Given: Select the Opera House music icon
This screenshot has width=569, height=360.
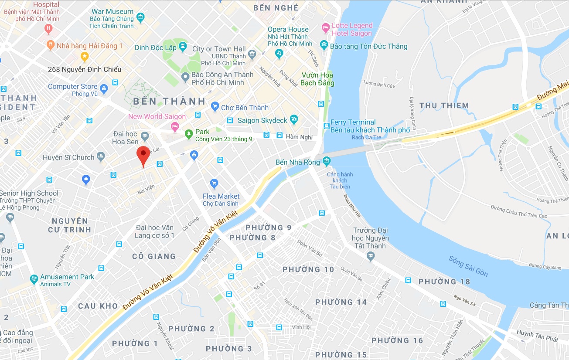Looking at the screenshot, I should tap(279, 53).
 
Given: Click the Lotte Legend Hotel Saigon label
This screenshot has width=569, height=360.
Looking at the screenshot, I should tap(352, 29).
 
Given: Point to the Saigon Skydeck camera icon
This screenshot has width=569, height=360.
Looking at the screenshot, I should tap(294, 119).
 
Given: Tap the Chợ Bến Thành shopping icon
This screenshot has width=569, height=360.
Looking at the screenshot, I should tap(215, 106).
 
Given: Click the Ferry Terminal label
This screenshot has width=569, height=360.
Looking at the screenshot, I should tap(353, 122).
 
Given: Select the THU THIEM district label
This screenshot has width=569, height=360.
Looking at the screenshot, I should tap(444, 105).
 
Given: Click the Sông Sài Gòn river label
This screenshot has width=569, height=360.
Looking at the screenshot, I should tap(468, 266).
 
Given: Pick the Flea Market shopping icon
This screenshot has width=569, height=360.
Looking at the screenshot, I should tap(214, 183).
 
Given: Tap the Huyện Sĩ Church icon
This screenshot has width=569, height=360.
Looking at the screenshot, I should tap(101, 156).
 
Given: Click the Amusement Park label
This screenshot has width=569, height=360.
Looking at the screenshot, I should tap(67, 277).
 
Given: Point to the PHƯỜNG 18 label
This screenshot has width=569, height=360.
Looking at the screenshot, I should tap(444, 282).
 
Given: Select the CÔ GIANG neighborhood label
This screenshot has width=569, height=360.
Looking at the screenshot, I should tap(154, 256).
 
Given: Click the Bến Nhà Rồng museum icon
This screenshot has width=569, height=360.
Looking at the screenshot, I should tap(327, 162).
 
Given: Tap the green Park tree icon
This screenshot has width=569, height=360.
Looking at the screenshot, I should tap(189, 134).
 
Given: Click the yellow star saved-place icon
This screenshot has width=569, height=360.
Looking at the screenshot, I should tap(85, 56).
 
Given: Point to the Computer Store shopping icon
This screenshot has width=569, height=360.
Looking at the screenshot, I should tap(104, 89).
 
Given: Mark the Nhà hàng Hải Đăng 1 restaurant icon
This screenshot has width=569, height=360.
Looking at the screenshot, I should tap(51, 45).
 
